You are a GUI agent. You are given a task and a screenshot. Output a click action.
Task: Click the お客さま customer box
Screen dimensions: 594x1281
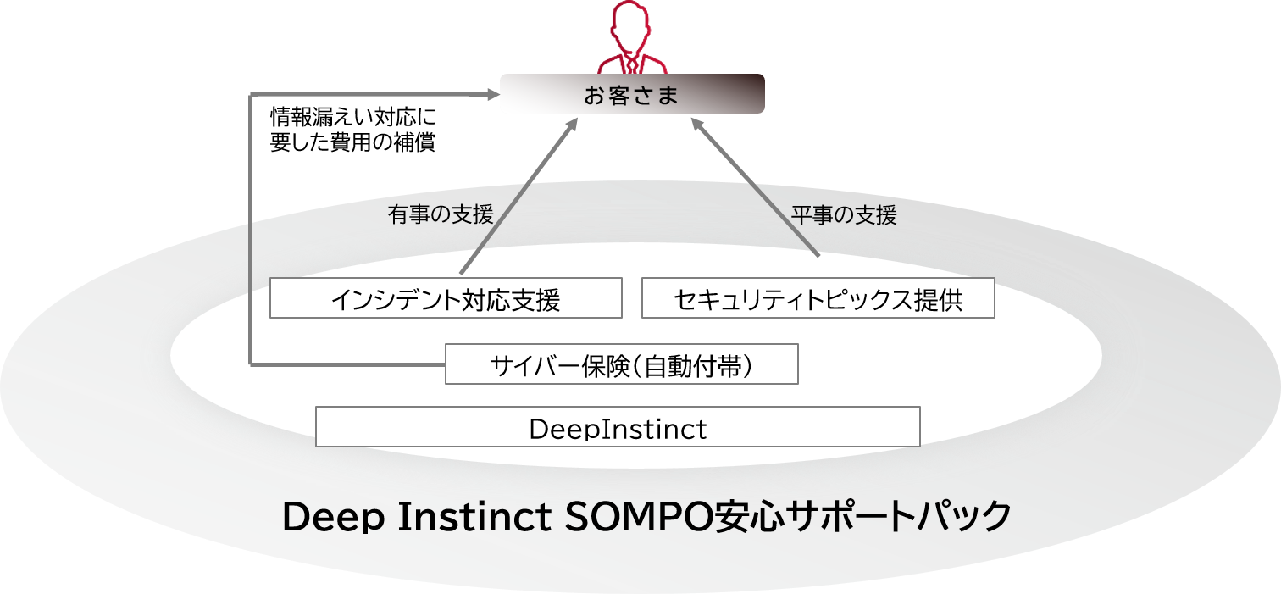632,94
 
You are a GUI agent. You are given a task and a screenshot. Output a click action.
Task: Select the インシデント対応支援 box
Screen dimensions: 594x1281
446,298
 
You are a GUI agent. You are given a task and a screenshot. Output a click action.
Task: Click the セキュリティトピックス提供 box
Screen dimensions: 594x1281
818,298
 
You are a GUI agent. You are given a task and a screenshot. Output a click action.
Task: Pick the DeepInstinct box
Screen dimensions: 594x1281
618,427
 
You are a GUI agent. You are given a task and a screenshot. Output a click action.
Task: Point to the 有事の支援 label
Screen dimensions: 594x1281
441,215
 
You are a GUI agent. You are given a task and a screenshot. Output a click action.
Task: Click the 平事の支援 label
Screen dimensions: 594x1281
844,215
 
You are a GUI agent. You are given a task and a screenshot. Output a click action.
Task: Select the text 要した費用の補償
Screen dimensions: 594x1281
352,142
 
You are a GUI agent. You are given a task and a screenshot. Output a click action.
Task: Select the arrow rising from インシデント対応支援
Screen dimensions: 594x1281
518,196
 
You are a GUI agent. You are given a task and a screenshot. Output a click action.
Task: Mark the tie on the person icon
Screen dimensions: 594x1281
632,63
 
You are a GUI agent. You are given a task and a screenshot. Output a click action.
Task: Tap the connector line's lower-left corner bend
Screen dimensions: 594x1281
252,364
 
